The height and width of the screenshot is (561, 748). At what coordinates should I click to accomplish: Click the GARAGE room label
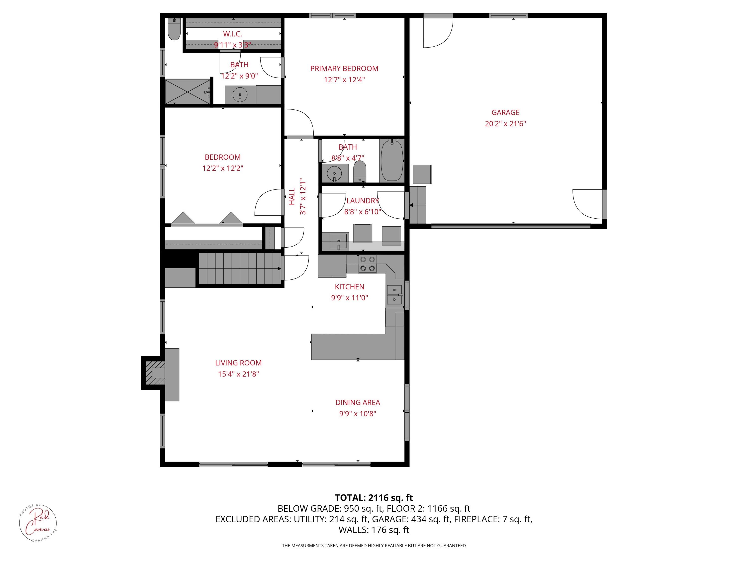coord(505,112)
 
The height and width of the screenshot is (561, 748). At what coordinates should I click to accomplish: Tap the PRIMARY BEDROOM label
coord(344,69)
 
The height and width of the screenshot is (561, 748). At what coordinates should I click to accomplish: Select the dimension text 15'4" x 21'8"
coord(238,374)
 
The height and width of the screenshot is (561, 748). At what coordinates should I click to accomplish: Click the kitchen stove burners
coord(368,264)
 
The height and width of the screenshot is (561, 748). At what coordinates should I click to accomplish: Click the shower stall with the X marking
coord(187,92)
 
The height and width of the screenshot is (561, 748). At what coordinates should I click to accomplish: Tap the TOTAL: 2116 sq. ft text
coord(374,498)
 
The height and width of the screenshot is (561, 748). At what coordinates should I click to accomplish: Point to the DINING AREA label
coord(358,402)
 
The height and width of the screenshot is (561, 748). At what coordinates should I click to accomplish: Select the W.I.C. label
coord(232,34)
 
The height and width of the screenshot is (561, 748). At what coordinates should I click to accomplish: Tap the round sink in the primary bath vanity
coord(240,95)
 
